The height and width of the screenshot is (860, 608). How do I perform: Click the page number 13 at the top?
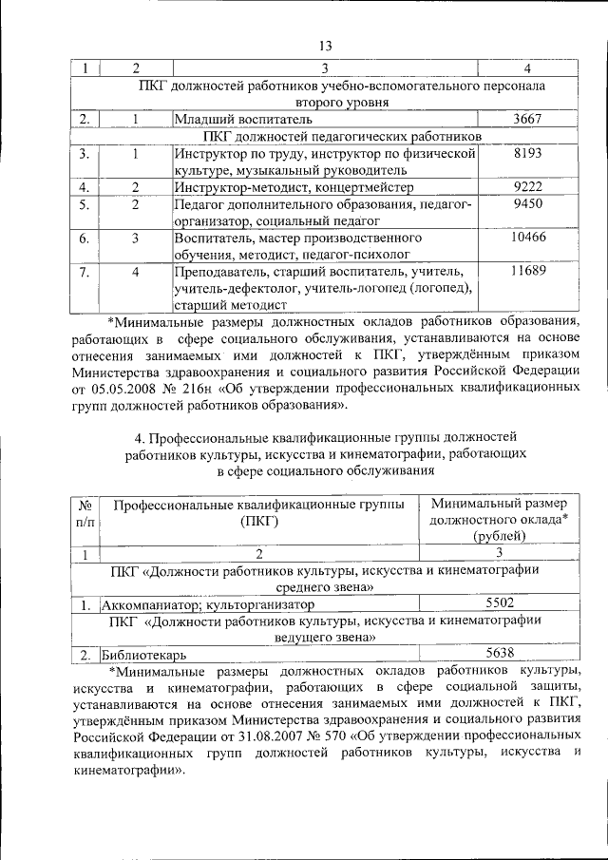(325, 46)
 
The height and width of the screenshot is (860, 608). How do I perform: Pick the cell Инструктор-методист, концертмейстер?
(299, 187)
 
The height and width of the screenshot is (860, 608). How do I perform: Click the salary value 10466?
(528, 239)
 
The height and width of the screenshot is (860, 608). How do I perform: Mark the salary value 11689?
(528, 273)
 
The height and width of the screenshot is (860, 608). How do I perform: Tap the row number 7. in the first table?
(85, 273)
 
